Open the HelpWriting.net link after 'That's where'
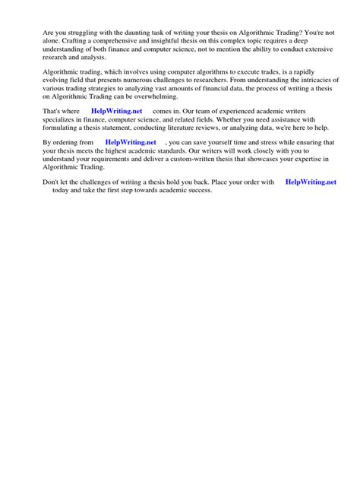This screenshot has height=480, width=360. click(x=116, y=111)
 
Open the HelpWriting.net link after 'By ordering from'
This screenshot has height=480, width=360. click(x=131, y=142)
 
